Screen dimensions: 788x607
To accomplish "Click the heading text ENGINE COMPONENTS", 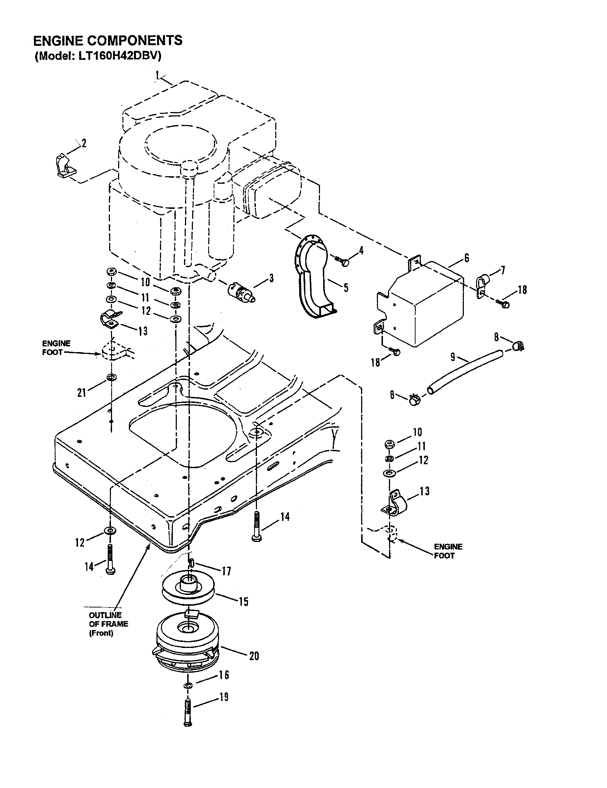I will point(108,41).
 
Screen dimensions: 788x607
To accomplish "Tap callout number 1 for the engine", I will point(157,75).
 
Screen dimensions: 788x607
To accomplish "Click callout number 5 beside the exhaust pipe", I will point(346,288).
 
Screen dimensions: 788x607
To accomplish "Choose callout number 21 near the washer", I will point(82,393).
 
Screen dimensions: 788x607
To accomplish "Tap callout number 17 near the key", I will point(226,571).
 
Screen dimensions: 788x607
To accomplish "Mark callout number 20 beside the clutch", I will point(254,656).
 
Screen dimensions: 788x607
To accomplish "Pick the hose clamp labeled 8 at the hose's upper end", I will point(517,347).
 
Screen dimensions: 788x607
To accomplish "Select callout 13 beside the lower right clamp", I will point(424,491).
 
